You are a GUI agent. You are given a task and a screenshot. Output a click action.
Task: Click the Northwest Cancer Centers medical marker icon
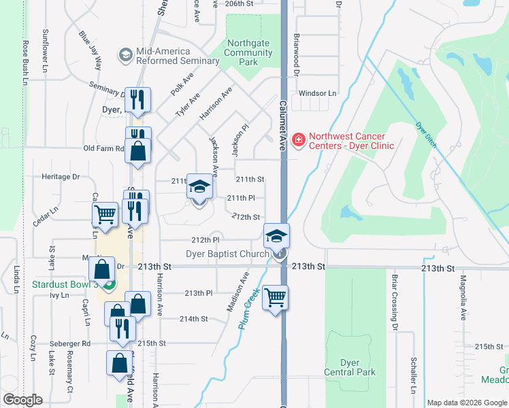point(297,141)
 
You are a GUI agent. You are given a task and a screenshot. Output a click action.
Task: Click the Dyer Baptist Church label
point(228,255)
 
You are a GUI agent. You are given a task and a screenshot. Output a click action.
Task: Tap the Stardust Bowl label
point(65,284)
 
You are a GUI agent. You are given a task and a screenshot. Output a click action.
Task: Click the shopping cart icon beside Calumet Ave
point(275,298)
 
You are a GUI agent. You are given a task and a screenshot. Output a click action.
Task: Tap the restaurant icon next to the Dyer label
point(139,101)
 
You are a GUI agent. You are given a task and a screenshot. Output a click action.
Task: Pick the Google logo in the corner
point(22,401)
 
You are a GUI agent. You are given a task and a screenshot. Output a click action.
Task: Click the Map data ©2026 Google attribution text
point(467,403)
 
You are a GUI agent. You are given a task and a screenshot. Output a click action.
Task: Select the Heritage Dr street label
point(61,177)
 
